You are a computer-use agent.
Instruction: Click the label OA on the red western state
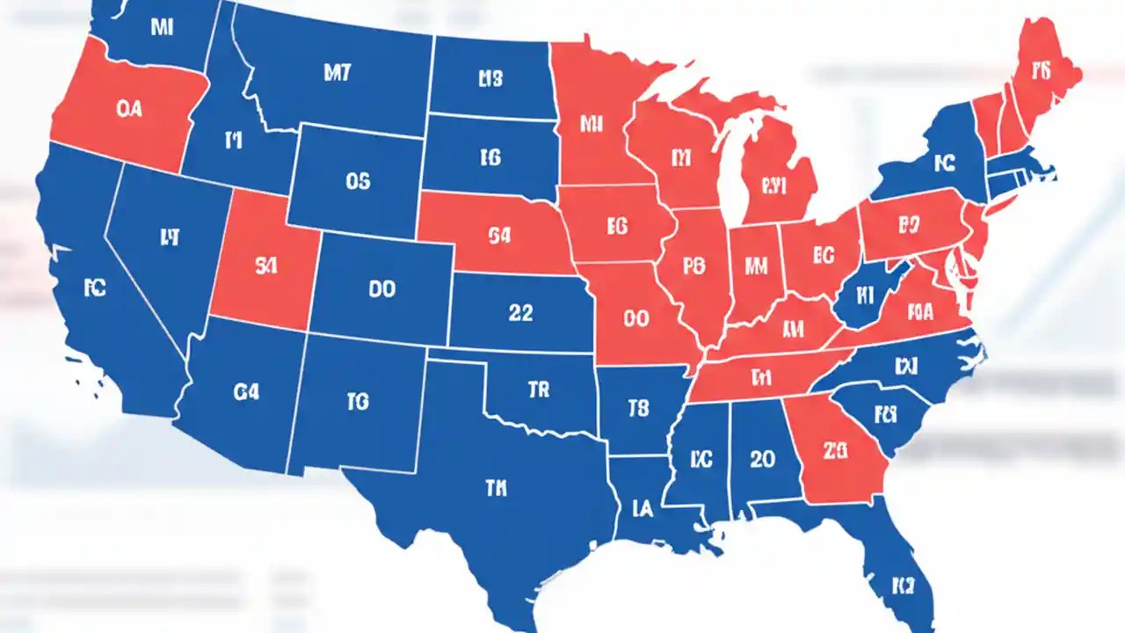[x=128, y=109]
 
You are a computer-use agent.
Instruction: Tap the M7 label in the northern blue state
[x=337, y=74]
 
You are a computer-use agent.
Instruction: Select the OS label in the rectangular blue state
[x=358, y=182]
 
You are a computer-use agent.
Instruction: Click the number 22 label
[x=520, y=313]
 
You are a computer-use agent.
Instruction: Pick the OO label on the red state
[x=635, y=319]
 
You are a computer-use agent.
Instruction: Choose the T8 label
[x=638, y=408]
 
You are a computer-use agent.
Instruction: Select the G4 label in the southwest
[x=247, y=393]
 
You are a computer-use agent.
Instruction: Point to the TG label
[x=357, y=402]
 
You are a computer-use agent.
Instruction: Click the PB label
[x=693, y=265]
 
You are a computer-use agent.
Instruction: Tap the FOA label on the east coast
[x=919, y=309]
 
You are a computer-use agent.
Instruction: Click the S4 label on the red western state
[x=265, y=268]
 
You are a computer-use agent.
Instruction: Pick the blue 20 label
[x=762, y=458]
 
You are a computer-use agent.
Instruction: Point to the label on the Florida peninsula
[x=904, y=584]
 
